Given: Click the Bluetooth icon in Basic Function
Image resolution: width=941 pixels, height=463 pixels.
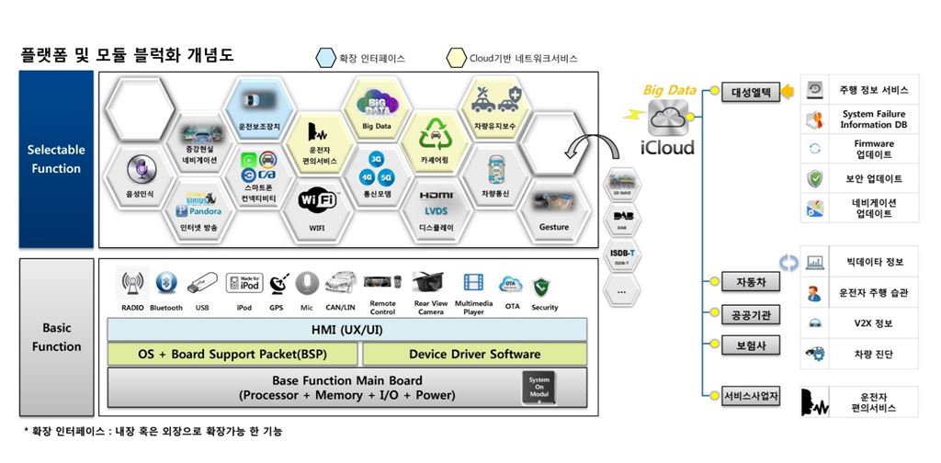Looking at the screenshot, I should pyautogui.click(x=165, y=286).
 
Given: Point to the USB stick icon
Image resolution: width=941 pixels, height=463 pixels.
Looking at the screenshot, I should pyautogui.click(x=201, y=286).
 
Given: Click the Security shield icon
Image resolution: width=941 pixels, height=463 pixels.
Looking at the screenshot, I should pyautogui.click(x=544, y=286).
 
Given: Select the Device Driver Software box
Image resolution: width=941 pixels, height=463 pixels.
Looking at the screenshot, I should pyautogui.click(x=474, y=354).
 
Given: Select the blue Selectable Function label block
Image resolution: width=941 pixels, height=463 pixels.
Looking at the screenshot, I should pyautogui.click(x=56, y=159).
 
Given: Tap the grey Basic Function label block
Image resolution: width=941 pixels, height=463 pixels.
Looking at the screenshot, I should pyautogui.click(x=56, y=337).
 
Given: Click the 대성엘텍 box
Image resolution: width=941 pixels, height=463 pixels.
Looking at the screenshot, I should pyautogui.click(x=750, y=92).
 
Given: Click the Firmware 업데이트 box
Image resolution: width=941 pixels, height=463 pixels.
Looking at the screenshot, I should pyautogui.click(x=859, y=149).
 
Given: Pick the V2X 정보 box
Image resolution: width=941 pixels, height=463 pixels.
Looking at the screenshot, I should pyautogui.click(x=859, y=323).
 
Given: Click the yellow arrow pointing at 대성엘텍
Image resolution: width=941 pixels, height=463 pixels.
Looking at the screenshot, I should pyautogui.click(x=791, y=92).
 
